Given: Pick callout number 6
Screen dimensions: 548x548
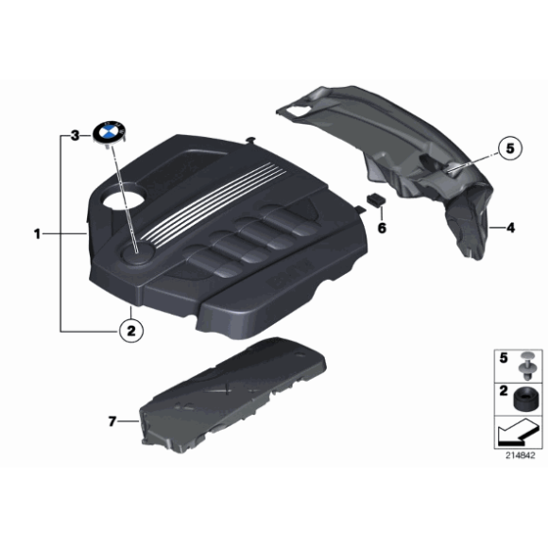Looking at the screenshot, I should [x=382, y=228].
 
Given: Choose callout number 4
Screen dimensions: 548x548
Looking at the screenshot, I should [x=509, y=228].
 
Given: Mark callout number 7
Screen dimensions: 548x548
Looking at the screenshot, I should [x=111, y=420].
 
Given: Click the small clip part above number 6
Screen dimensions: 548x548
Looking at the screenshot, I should [x=375, y=199].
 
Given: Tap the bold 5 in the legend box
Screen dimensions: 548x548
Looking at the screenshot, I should [x=503, y=358].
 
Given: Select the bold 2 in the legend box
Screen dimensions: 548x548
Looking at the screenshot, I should [x=503, y=390].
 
